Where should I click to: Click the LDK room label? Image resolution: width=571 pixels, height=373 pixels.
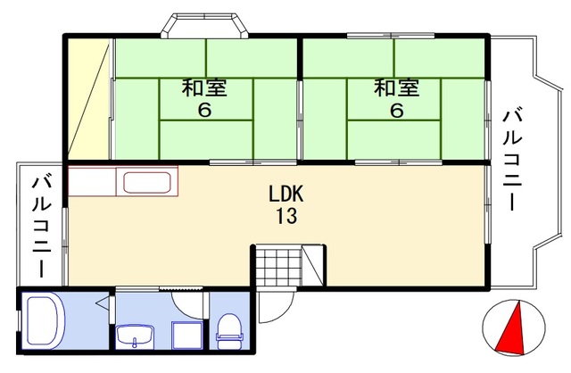point(285,194)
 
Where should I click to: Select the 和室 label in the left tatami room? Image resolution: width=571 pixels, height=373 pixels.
point(204,87)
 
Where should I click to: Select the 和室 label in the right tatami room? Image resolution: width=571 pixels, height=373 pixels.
point(396,87)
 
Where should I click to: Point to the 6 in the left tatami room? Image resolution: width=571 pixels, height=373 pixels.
point(204,110)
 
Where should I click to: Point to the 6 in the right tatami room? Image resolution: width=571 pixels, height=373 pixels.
point(396,110)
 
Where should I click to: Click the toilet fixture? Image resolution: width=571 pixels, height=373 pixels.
point(229,332)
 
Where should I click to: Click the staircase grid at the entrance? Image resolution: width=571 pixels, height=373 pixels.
point(278,265)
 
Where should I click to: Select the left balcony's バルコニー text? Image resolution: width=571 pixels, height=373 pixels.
point(41,227)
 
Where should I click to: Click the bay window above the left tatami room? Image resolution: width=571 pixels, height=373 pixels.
point(204,25)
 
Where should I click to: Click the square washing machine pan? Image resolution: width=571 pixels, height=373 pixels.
point(186,336)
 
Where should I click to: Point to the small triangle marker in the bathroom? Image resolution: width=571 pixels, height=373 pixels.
point(103,303)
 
